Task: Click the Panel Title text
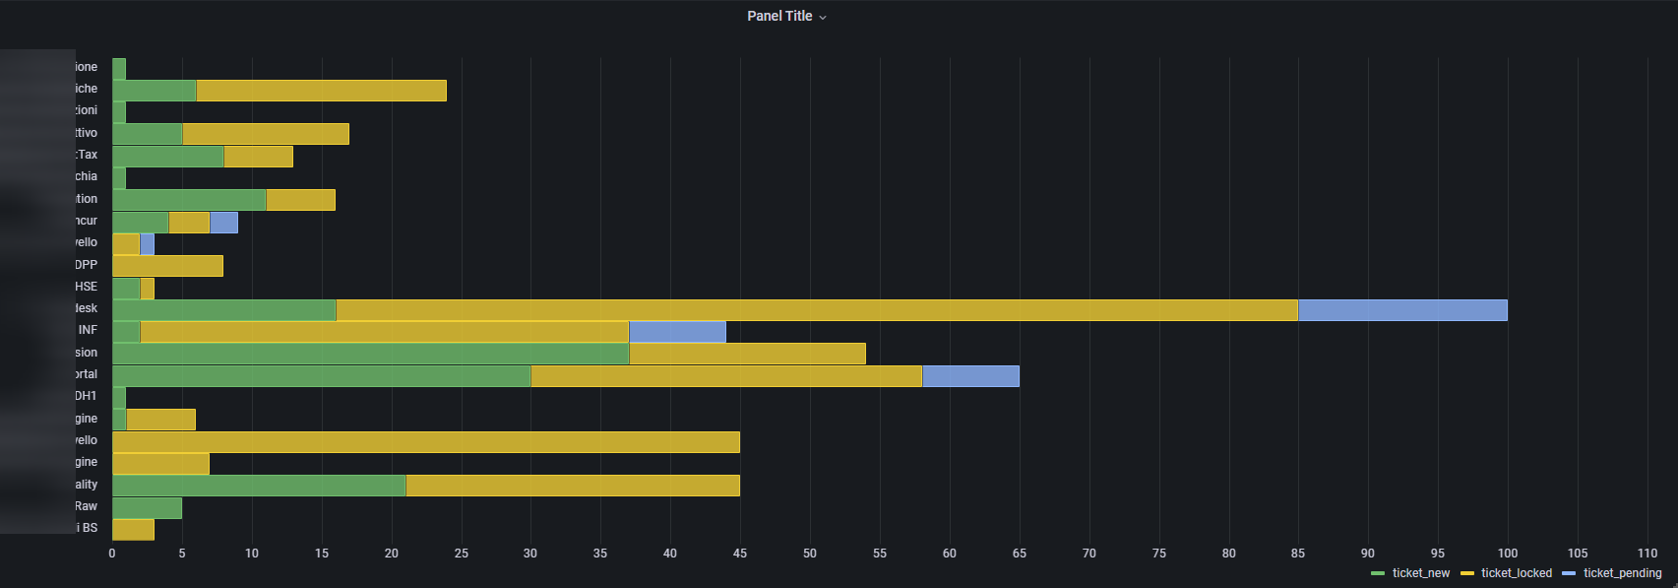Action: [x=779, y=16]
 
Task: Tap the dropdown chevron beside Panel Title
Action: [x=823, y=17]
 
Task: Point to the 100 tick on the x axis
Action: [x=1507, y=554]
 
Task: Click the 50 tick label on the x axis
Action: [x=810, y=554]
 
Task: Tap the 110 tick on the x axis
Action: [x=1647, y=554]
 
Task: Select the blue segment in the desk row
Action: [x=1402, y=310]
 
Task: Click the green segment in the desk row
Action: [x=224, y=310]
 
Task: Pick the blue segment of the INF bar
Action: [x=677, y=332]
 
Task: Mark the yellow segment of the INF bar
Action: [x=384, y=332]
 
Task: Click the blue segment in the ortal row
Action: [x=970, y=376]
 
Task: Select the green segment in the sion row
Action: [x=370, y=354]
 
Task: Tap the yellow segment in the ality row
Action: [x=572, y=486]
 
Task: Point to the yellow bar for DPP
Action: [x=167, y=266]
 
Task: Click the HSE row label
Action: [x=87, y=287]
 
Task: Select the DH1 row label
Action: [x=87, y=396]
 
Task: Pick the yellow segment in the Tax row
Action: [x=258, y=157]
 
